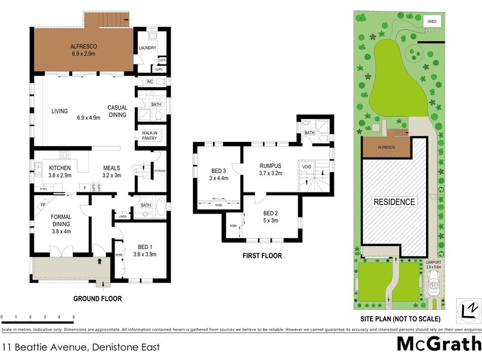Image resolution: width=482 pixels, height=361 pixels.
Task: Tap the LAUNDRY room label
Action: click(x=148, y=48)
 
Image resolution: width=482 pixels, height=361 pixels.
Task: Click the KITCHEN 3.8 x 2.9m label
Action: click(x=60, y=171)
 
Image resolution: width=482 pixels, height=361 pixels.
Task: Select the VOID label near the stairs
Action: click(x=307, y=166)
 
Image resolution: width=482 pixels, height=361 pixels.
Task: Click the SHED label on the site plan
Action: click(x=431, y=22)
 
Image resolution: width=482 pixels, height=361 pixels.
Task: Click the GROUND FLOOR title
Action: click(x=97, y=298)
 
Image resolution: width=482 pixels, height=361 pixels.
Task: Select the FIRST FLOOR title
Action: click(x=261, y=256)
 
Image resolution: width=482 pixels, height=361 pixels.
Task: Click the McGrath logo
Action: click(x=438, y=344)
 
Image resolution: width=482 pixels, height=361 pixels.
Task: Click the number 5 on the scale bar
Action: click(x=74, y=316)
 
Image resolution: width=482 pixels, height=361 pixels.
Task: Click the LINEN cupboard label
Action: click(x=123, y=215)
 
